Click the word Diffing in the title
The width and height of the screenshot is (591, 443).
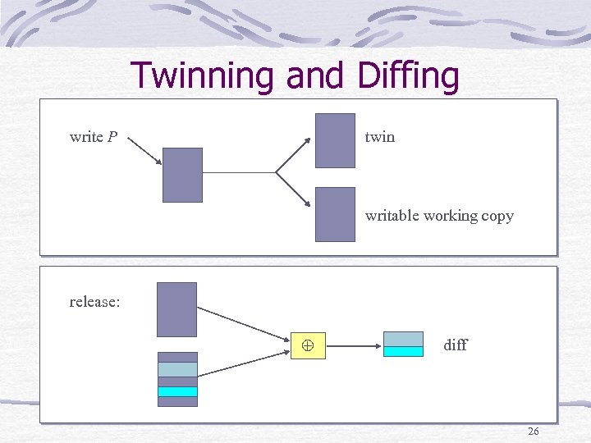point(408,75)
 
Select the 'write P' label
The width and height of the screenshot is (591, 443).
point(93,137)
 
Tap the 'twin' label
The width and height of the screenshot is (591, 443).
point(379,137)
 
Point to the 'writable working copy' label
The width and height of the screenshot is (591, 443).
point(439,216)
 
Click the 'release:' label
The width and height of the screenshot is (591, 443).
point(94,302)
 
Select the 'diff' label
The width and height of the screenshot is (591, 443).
point(455,345)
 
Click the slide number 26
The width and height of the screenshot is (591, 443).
point(533,431)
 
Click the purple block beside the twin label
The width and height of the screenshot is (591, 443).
point(335,140)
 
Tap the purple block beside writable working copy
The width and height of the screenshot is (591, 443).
point(335,214)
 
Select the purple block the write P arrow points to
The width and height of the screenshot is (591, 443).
point(182,175)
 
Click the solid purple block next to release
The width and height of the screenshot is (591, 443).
point(177,309)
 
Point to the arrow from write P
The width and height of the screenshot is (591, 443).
point(146,151)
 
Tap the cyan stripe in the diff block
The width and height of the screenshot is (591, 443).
point(403,351)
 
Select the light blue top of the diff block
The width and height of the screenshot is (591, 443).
point(403,339)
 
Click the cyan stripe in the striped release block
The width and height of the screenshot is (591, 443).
point(177,391)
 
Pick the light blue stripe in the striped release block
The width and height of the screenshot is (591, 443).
point(177,369)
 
